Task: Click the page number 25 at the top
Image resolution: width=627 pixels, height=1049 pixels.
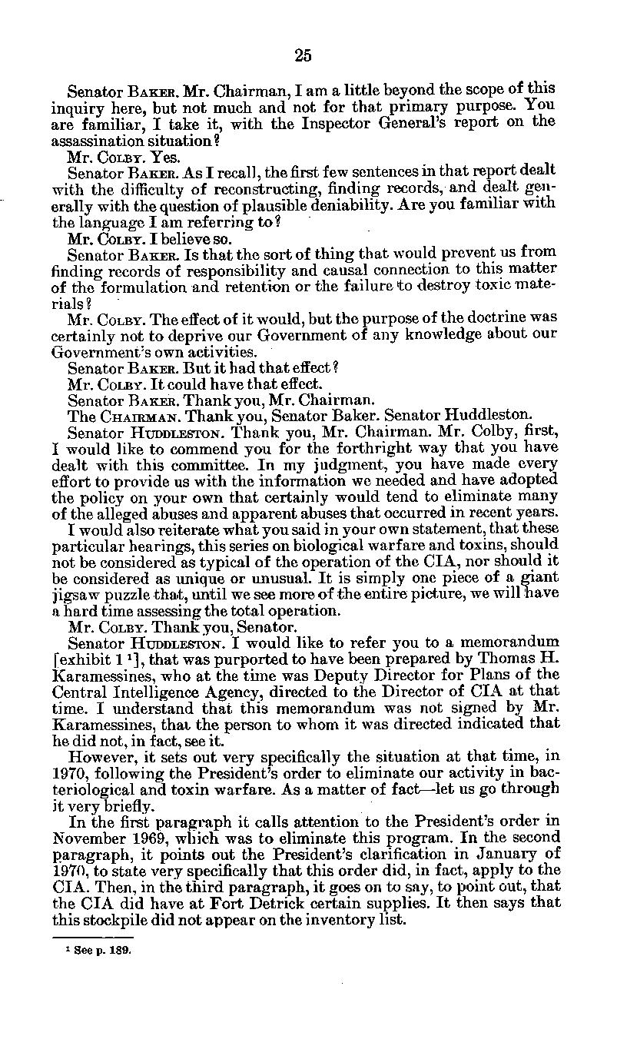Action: coord(303,55)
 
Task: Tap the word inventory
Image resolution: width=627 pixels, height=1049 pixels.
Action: coord(333,920)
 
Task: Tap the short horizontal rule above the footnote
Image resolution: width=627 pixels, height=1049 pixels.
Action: coord(92,938)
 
